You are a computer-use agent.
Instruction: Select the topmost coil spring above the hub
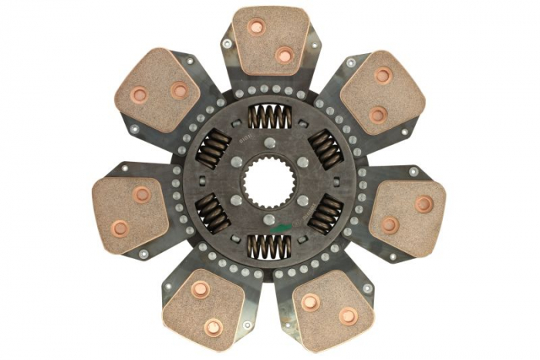[x=269, y=117]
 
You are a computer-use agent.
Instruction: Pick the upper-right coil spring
[x=325, y=149]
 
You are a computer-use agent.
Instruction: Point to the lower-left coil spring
[x=213, y=213]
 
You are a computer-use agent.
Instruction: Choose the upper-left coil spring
[x=214, y=149]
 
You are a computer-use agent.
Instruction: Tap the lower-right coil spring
[x=325, y=214]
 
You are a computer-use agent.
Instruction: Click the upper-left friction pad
[x=158, y=89]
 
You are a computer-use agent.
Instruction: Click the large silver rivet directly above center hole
[x=269, y=143]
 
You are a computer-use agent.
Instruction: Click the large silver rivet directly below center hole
[x=269, y=220]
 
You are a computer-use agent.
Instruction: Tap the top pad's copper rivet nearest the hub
[x=284, y=55]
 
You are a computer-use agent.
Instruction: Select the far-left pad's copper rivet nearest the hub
[x=142, y=194]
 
